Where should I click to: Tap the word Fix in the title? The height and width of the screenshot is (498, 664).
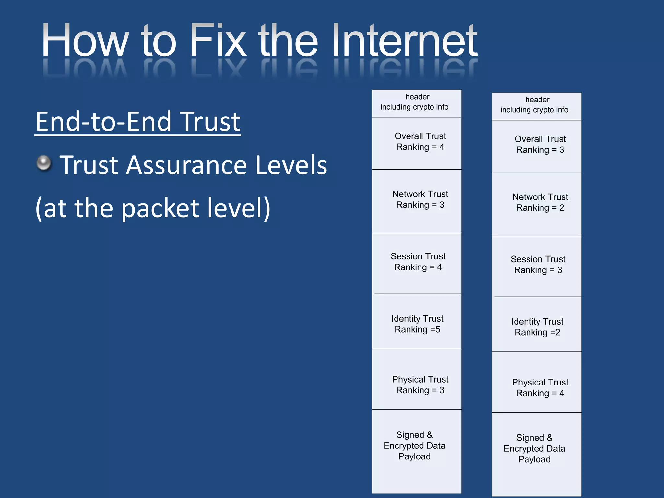(218, 41)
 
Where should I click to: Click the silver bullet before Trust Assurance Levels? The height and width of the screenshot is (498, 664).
(44, 163)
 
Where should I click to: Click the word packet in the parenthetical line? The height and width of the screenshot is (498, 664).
(160, 208)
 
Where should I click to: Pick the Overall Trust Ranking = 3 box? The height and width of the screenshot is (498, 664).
(537, 146)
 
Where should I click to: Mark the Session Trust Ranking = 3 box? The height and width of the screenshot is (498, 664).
(537, 266)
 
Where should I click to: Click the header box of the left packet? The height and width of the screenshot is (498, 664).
(417, 103)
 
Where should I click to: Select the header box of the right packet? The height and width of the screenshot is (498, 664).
(537, 106)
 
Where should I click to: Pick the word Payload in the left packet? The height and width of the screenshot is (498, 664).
(414, 456)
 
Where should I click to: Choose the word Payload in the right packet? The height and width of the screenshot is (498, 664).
(534, 459)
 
